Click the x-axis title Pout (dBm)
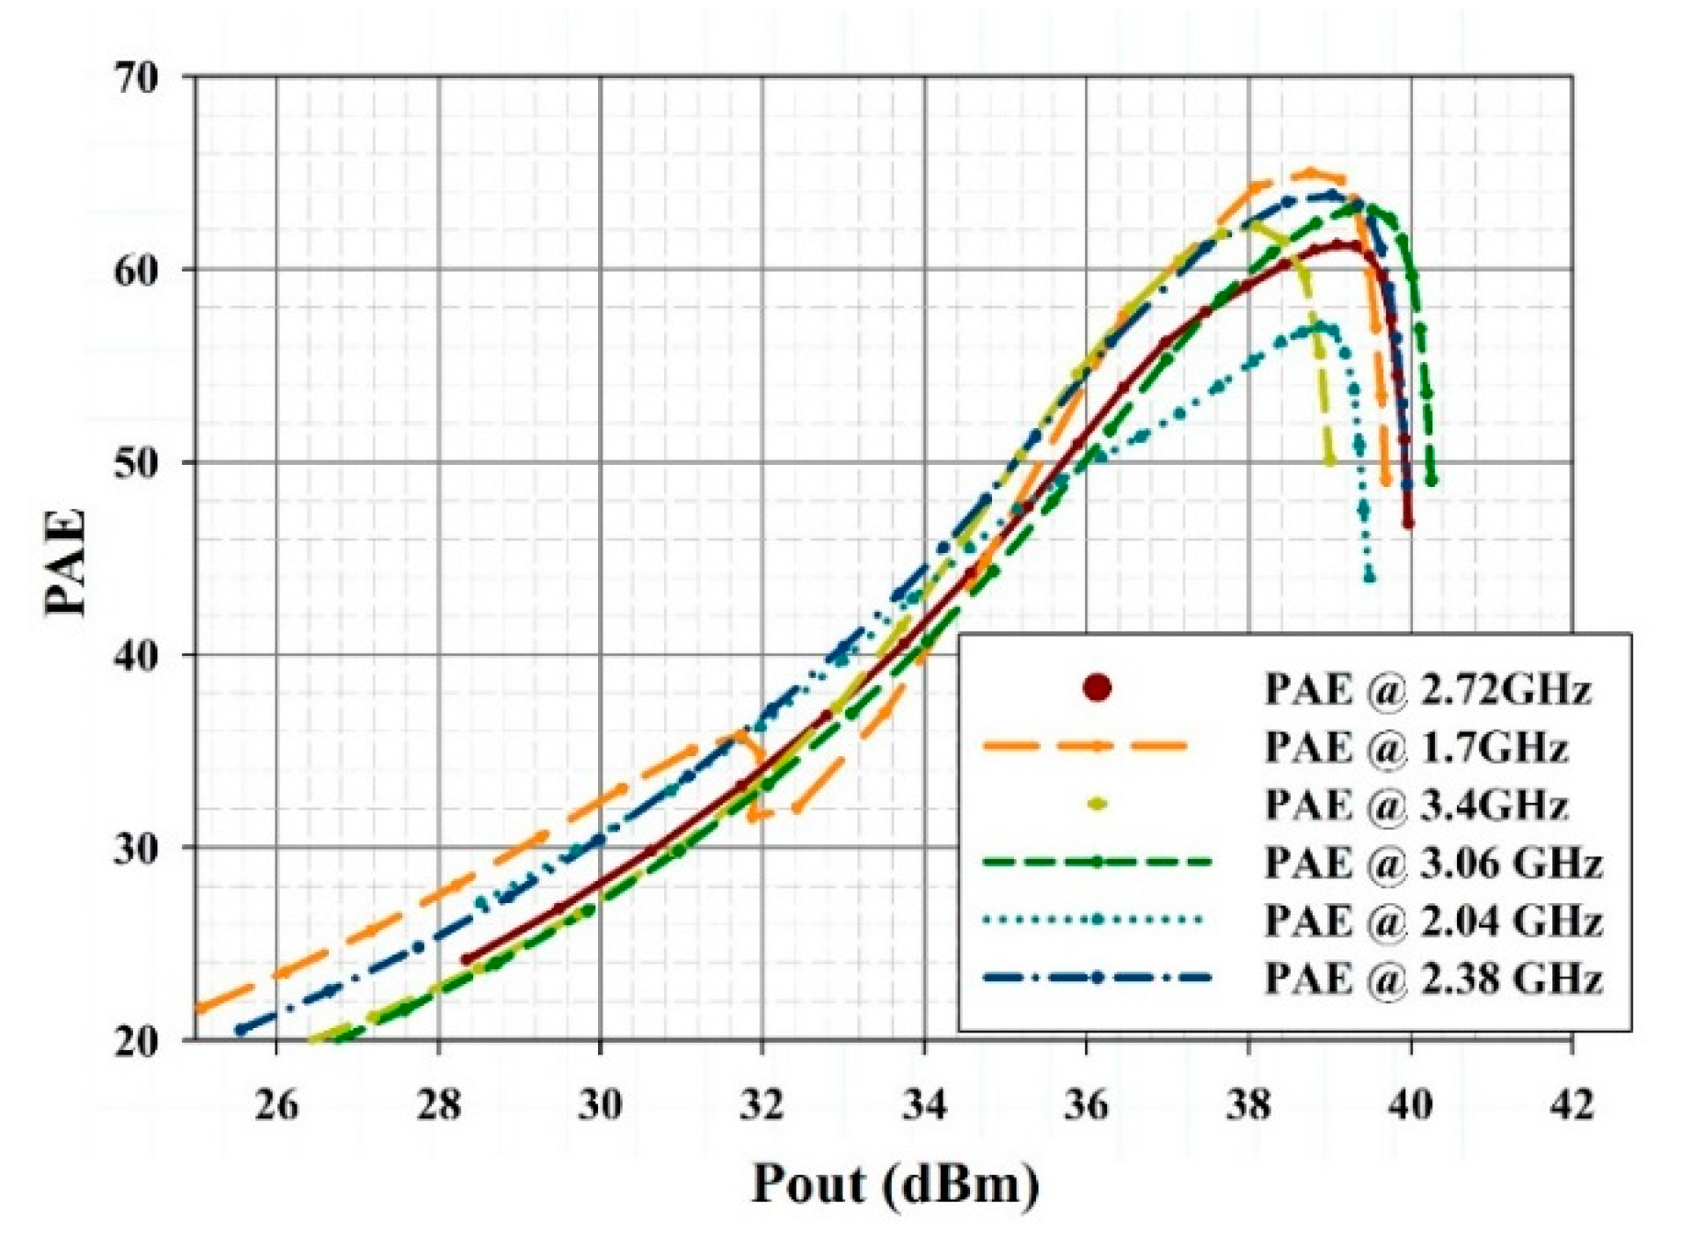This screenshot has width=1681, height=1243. point(896,1184)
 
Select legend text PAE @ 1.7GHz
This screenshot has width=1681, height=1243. point(1416,748)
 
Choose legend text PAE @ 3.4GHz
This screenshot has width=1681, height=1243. point(1416,805)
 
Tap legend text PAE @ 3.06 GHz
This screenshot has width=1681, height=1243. point(1433,864)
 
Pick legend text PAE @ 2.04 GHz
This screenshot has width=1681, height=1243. point(1433,921)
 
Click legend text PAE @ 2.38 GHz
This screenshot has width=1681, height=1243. point(1433,978)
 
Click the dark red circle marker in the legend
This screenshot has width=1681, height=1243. point(1097,688)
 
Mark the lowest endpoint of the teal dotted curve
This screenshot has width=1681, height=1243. point(1370,578)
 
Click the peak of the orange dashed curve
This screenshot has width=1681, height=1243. point(1309,173)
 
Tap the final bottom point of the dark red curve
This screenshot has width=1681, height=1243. point(1408,523)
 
